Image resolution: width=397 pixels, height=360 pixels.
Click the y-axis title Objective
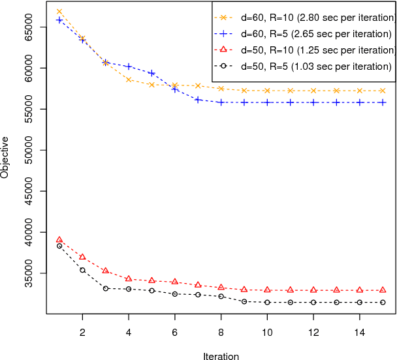point(6,157)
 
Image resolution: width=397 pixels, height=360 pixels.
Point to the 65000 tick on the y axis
point(29,27)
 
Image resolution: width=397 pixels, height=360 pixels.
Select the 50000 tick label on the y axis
point(29,150)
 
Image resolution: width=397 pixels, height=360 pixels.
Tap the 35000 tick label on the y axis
point(29,273)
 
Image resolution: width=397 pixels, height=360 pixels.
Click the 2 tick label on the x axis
point(82,332)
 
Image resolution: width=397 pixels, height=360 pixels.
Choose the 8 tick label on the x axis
point(221,332)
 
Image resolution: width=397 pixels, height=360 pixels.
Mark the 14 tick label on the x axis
point(359,332)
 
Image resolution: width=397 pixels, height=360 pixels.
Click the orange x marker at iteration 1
point(59,12)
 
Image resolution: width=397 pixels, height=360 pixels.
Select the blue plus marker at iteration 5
point(151,73)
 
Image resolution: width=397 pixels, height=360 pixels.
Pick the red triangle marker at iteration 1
point(59,240)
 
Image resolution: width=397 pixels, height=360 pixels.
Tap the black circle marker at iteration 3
point(106,288)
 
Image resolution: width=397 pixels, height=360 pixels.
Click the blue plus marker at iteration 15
point(383,102)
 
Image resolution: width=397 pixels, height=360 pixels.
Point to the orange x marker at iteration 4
point(129,80)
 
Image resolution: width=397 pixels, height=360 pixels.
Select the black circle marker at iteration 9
point(244,301)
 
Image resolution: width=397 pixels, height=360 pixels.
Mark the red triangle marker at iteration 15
point(383,290)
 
